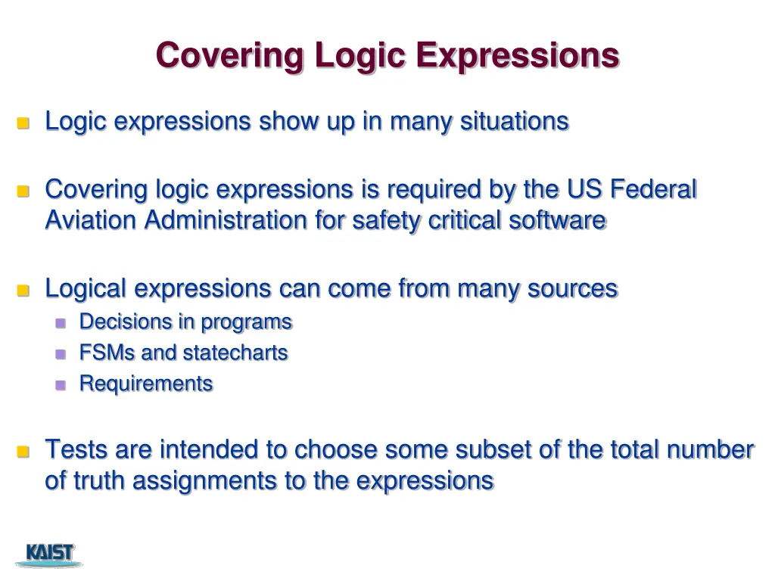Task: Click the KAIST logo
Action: point(50,554)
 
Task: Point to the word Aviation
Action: point(92,220)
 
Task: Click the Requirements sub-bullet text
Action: point(146,384)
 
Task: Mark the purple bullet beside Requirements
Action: point(61,384)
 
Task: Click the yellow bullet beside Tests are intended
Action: point(23,452)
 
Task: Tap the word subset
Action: point(490,449)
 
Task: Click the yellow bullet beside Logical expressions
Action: point(23,290)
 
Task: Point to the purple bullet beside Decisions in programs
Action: point(61,322)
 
